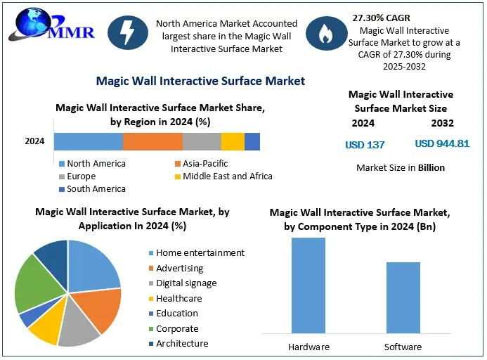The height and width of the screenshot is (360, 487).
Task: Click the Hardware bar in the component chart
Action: [309, 285]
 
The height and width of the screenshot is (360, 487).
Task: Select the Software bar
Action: [403, 298]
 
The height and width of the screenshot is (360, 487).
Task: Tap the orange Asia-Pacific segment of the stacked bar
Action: [152, 141]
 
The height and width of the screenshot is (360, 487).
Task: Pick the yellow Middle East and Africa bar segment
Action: [233, 141]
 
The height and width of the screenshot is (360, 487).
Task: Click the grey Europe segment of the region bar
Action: [202, 141]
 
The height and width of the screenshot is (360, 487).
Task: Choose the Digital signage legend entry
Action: [183, 283]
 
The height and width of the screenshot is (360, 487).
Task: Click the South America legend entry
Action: [93, 189]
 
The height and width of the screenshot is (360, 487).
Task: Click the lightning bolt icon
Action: [128, 32]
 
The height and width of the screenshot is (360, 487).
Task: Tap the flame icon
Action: [326, 33]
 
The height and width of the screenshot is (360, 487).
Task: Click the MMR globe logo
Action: [51, 25]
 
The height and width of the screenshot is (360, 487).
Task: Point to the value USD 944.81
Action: [442, 143]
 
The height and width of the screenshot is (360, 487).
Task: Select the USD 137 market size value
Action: [365, 145]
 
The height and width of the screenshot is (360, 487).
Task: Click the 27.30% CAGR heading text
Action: [381, 18]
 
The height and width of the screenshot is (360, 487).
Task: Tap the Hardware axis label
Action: [309, 347]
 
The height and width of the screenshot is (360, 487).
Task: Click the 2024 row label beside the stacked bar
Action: [34, 141]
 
